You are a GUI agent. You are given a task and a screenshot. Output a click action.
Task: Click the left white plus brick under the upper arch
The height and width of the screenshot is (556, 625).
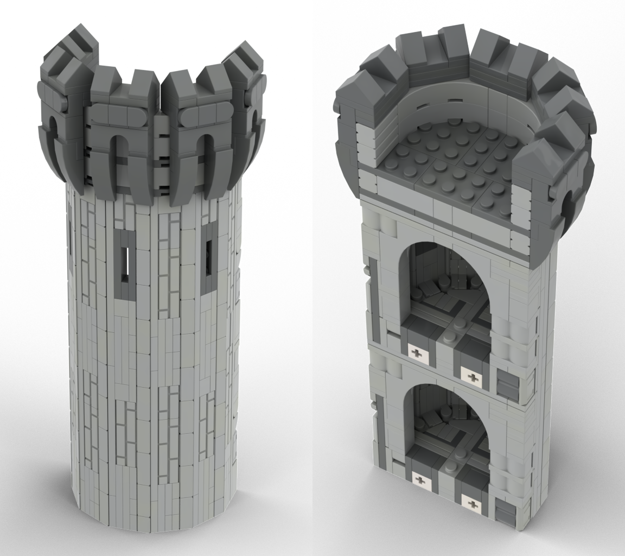417,354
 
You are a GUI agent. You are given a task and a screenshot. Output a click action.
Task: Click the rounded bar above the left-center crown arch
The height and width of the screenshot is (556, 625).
113,115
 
